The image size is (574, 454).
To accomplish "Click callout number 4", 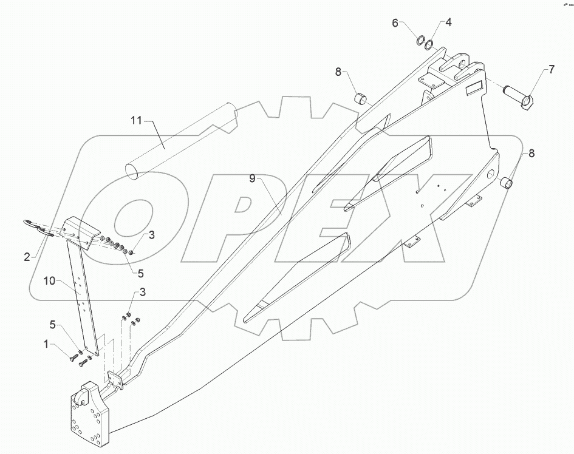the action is (448, 23).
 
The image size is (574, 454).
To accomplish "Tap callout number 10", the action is (50, 280).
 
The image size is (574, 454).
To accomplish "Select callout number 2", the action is (27, 257).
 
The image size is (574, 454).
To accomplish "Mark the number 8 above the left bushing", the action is (338, 72).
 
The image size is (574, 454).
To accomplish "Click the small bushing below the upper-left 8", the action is (361, 97).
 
